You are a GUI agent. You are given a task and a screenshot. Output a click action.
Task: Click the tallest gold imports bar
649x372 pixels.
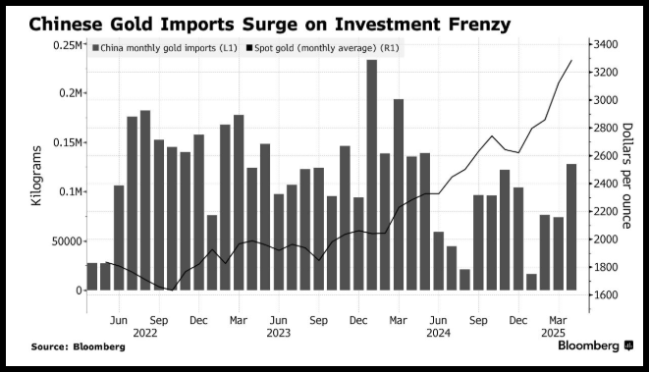[372, 175]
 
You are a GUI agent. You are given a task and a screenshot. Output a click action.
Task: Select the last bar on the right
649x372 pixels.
[571, 227]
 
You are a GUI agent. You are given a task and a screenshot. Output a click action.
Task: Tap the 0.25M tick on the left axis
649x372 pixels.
[68, 45]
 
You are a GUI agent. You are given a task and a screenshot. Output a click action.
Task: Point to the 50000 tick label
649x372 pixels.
[67, 241]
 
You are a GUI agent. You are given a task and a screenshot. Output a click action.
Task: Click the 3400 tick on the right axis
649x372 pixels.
[606, 45]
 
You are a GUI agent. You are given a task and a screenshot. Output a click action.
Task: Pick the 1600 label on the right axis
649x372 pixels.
[606, 295]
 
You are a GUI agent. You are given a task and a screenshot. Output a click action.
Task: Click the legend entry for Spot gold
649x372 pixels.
[323, 48]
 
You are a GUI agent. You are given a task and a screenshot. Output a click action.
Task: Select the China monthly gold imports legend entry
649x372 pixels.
[165, 48]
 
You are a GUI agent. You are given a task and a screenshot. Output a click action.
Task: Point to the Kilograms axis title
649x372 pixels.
[36, 176]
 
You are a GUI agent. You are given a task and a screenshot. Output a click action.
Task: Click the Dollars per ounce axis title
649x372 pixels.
[626, 176]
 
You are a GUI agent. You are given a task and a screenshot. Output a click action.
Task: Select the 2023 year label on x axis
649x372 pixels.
[279, 333]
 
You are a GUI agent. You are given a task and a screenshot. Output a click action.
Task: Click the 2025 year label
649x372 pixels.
[554, 333]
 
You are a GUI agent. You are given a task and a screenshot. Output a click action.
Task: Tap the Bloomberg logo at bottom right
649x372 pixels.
[595, 345]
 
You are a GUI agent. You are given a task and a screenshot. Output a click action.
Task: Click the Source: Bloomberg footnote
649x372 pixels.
[79, 346]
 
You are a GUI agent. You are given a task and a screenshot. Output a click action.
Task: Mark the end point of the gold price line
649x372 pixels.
[571, 61]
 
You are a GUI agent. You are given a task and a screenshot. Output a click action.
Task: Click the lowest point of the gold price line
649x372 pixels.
[172, 291]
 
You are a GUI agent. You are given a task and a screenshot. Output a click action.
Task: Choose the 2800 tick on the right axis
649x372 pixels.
[606, 128]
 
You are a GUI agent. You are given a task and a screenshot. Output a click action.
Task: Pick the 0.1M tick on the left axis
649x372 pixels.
[71, 192]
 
